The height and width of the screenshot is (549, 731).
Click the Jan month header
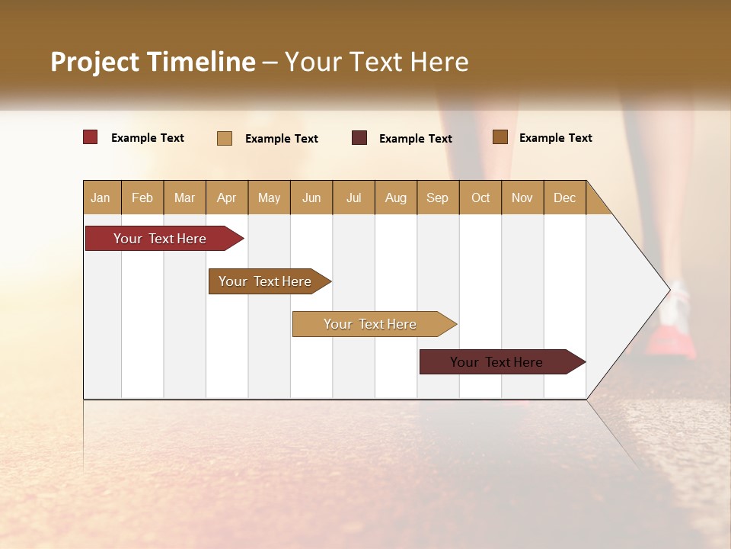tap(101, 197)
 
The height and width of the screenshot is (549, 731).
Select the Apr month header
tap(226, 197)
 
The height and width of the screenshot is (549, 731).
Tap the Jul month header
tap(353, 197)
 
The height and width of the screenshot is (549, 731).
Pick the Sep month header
tap(437, 197)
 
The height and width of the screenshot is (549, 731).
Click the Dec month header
tap(564, 197)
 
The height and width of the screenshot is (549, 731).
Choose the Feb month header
tap(142, 197)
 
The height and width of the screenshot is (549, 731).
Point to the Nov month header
tap(522, 197)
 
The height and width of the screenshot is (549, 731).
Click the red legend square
tap(90, 137)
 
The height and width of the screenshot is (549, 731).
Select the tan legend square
tap(225, 138)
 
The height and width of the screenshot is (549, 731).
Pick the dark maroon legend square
tap(359, 137)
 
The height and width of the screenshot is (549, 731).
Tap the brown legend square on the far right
tap(500, 137)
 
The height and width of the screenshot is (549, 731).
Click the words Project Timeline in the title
tap(152, 62)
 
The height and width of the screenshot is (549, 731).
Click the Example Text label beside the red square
tap(148, 138)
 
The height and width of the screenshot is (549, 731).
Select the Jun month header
tap(311, 197)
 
